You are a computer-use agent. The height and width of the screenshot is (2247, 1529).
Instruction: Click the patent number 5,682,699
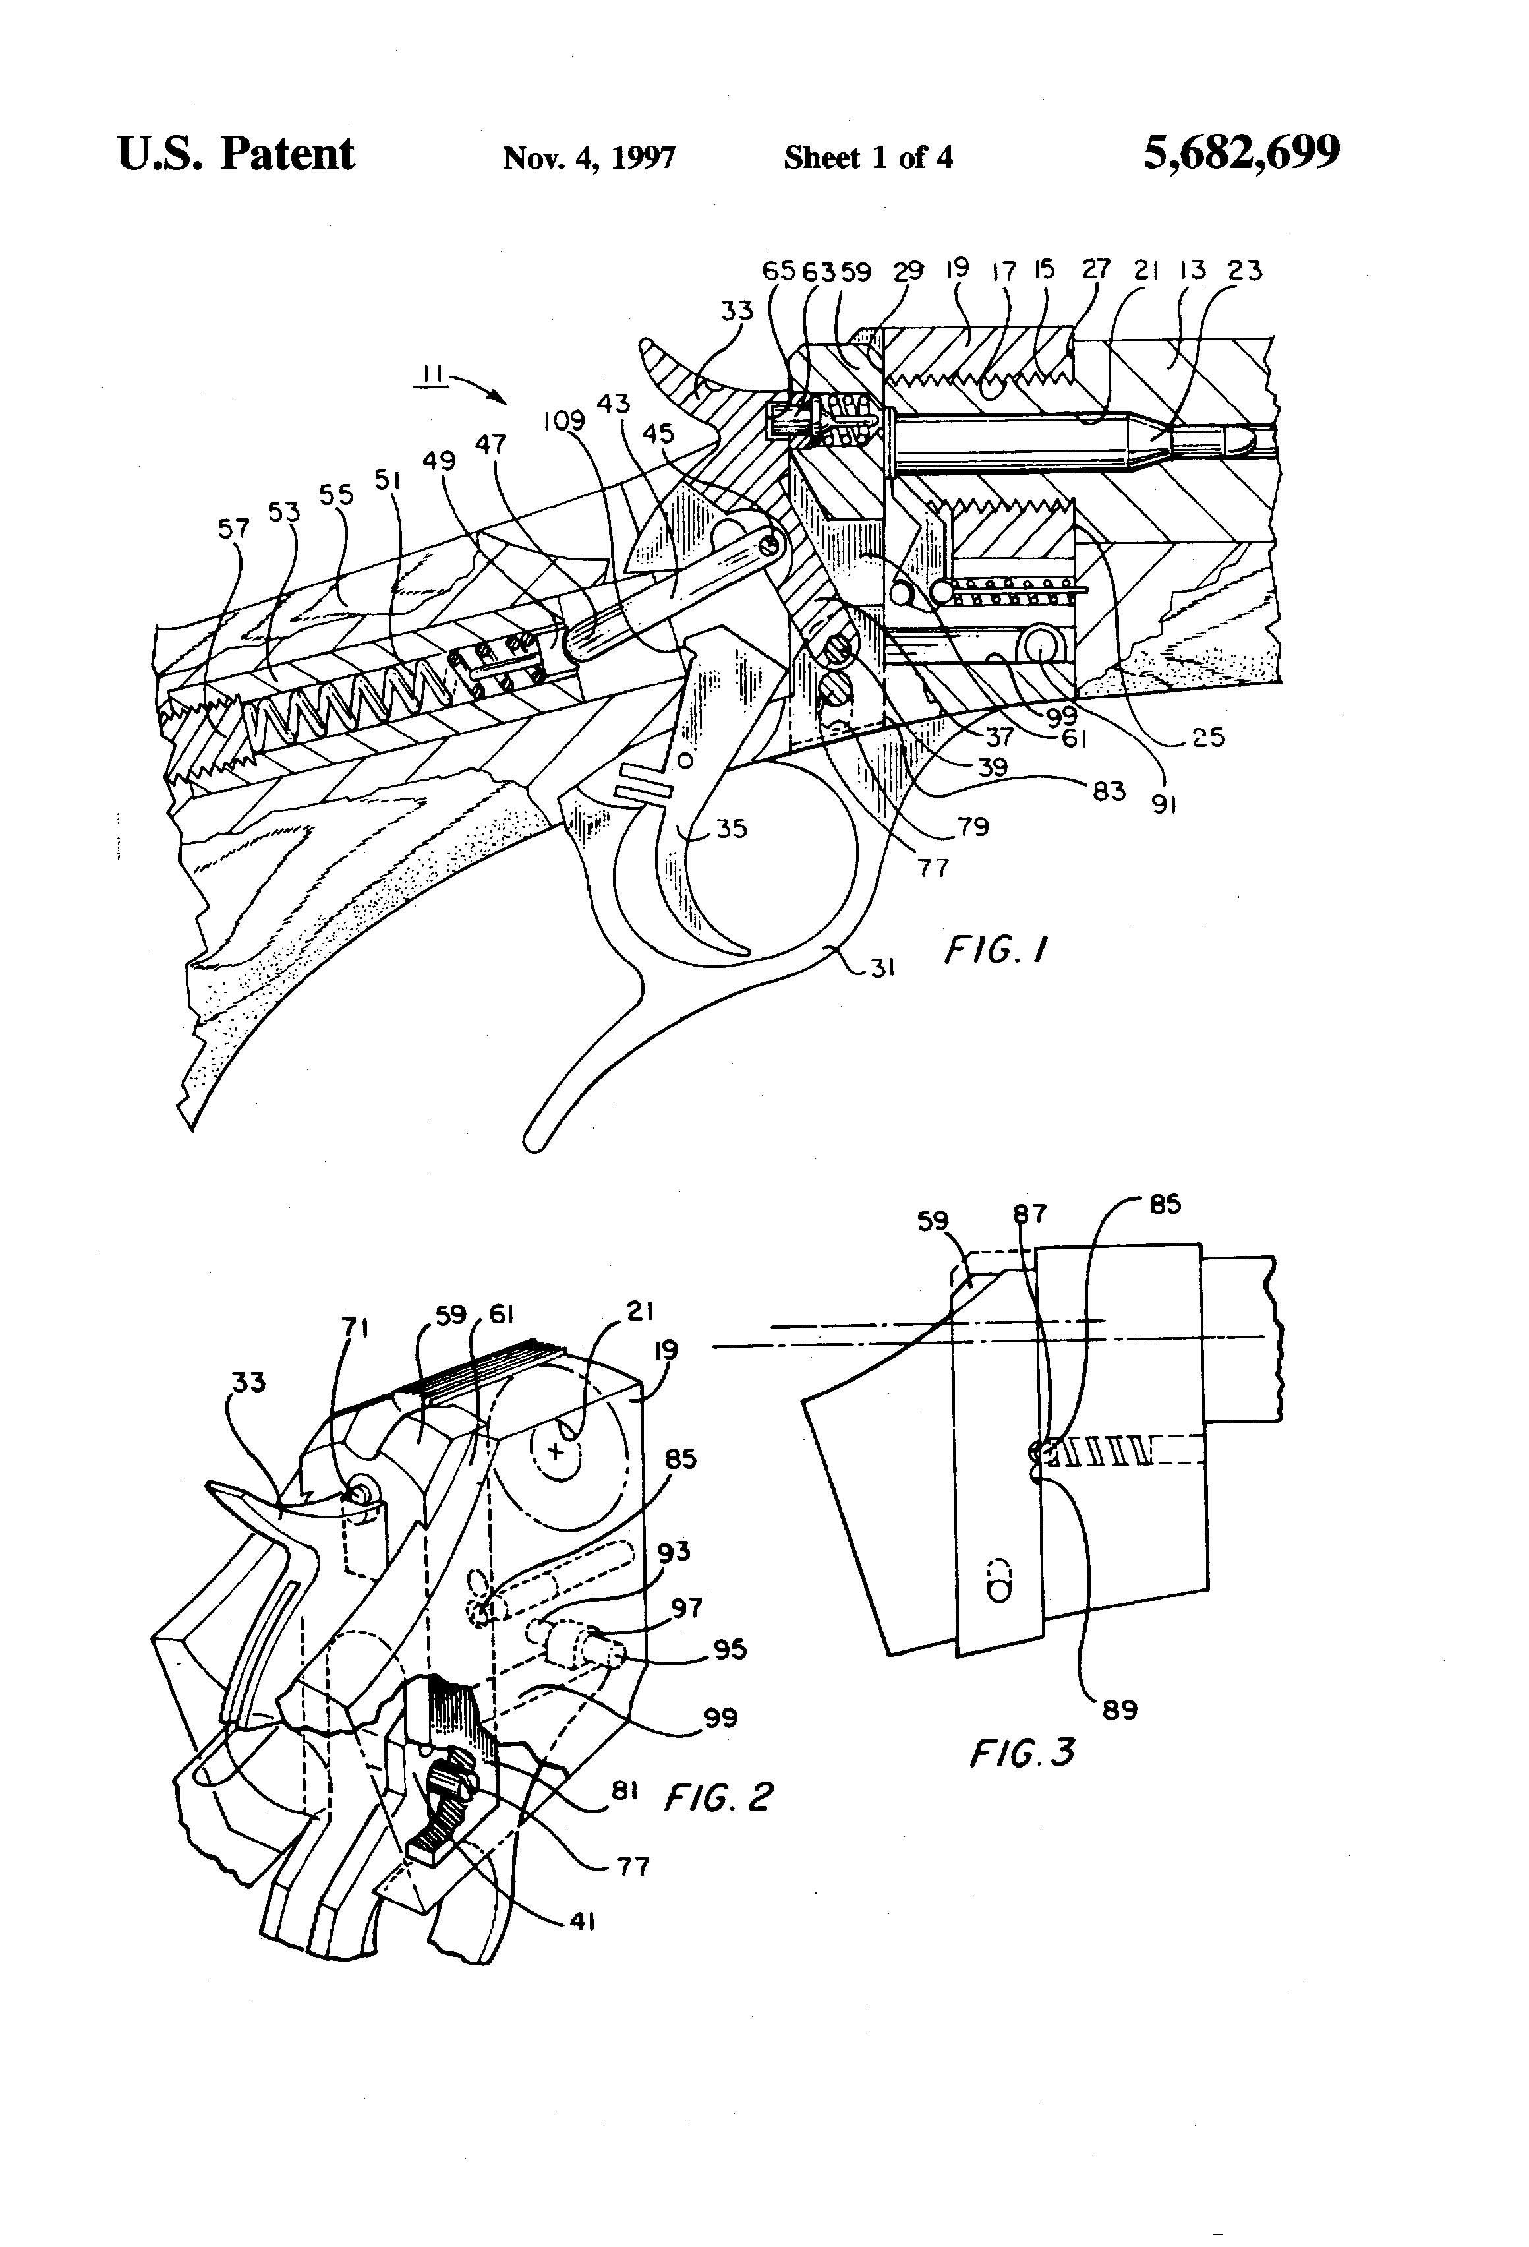(x=1241, y=153)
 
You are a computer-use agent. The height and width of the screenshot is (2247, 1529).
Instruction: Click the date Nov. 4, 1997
(x=589, y=157)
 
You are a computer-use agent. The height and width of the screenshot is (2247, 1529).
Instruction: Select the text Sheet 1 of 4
(x=868, y=157)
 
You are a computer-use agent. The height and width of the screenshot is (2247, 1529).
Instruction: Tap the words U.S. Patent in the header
(x=236, y=154)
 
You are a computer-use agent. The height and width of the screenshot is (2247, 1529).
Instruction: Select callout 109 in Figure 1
(x=563, y=421)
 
